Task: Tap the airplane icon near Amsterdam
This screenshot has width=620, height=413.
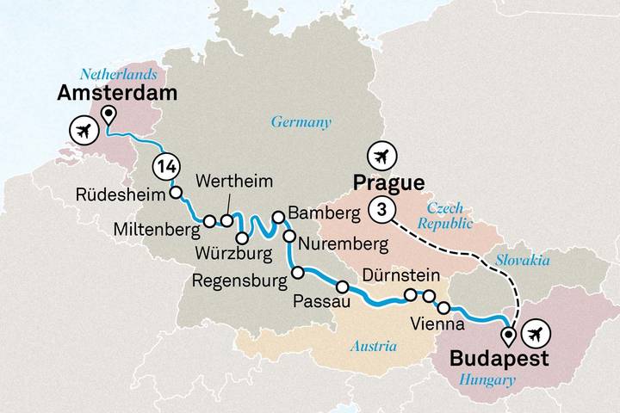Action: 84,132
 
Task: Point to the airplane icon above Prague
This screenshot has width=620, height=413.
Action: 380,157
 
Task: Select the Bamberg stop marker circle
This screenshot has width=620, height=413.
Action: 278,217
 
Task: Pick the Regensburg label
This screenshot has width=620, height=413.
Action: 238,279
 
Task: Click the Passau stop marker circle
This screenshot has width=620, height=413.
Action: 343,287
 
